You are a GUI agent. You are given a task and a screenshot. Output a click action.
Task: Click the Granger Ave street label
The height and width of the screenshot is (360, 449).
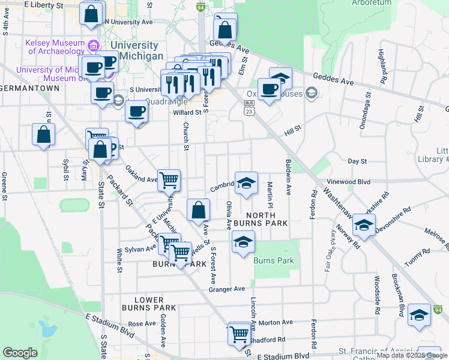pos(226,289)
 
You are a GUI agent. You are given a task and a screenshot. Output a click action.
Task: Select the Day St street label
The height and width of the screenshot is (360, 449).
pos(357,161)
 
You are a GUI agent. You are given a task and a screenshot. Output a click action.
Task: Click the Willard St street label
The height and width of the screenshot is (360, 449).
pos(187,112)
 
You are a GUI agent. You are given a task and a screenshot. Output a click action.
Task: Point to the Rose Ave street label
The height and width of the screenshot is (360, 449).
pos(142,323)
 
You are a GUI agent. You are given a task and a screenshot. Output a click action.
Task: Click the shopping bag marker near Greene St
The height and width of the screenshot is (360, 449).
pos(44,134)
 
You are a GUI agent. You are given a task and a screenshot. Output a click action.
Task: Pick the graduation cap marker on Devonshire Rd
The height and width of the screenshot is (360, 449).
pos(363,225)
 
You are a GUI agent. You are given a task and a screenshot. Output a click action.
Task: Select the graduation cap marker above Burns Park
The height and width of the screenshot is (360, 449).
pos(243,242)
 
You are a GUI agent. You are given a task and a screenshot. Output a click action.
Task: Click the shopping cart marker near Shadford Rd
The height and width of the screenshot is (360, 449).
pos(240,333)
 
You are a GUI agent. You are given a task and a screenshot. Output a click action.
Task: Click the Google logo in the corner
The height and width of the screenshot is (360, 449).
pos(20,353)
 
